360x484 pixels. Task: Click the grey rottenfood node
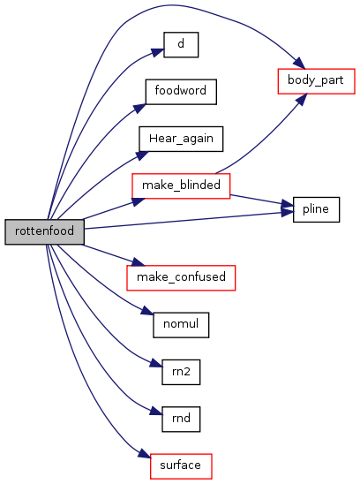click(x=44, y=231)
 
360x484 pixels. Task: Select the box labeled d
click(x=181, y=45)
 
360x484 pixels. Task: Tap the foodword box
click(x=181, y=92)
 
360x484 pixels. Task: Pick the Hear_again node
click(x=181, y=139)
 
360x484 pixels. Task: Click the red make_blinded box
click(x=181, y=185)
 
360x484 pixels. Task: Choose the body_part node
click(x=316, y=81)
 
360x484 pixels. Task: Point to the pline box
click(x=316, y=209)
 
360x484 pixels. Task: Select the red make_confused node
click(x=181, y=278)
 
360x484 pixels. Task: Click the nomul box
click(x=181, y=325)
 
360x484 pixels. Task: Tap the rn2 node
click(x=181, y=372)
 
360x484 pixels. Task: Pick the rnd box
click(x=181, y=419)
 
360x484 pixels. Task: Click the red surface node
click(x=181, y=466)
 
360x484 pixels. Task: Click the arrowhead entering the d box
click(x=157, y=52)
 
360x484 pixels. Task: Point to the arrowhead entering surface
click(x=145, y=454)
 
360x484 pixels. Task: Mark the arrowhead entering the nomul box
click(x=147, y=310)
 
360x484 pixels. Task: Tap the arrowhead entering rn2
click(x=156, y=363)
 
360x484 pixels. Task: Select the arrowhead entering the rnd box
click(x=156, y=412)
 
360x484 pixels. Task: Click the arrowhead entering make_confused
click(x=137, y=261)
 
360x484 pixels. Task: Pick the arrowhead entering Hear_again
click(x=142, y=155)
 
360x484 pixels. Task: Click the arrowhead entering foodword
click(x=139, y=109)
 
